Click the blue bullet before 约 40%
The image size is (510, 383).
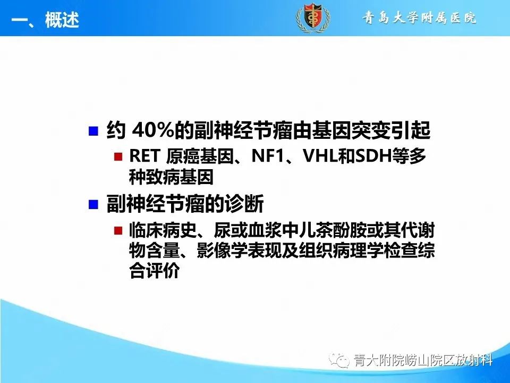pyautogui.click(x=93, y=131)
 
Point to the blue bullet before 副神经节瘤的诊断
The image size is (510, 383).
pyautogui.click(x=93, y=204)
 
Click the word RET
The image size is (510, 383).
pyautogui.click(x=144, y=156)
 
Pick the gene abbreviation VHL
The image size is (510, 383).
pyautogui.click(x=318, y=156)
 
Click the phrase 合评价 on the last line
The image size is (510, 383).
pyautogui.click(x=154, y=271)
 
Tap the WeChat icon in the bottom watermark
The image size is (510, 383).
pyautogui.click(x=341, y=361)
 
